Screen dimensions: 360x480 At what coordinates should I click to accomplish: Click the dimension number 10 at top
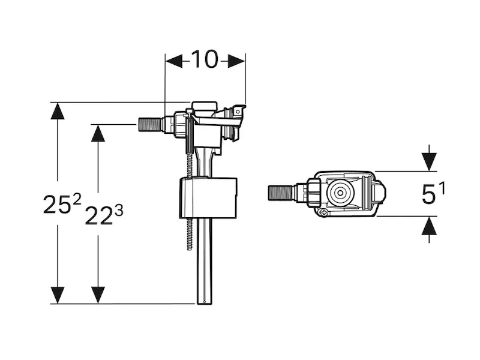[x=204, y=59]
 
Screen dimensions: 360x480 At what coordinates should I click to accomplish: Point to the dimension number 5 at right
[x=428, y=196]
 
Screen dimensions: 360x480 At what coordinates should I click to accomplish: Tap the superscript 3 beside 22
[x=119, y=209]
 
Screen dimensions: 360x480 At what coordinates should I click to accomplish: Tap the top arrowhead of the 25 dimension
[x=58, y=111]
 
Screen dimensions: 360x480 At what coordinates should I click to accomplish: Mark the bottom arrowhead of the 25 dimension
[x=58, y=295]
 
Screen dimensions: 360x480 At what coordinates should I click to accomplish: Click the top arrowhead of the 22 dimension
[x=98, y=133]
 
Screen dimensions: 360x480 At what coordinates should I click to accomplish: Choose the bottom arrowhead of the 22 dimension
[x=98, y=295]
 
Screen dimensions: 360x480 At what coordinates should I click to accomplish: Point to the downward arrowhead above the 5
[x=429, y=161]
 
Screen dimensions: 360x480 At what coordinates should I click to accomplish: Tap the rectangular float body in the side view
[x=208, y=197]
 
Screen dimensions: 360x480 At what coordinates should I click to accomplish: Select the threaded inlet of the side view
[x=151, y=125]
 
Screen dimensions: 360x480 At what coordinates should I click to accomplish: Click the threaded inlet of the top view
[x=279, y=194]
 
